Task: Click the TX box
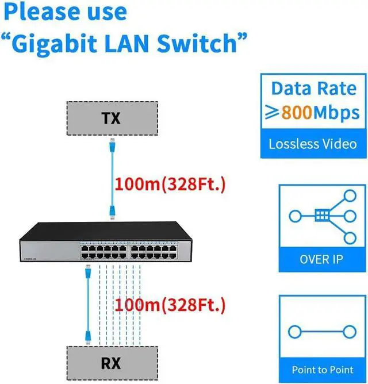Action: [110, 118]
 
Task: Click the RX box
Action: [110, 363]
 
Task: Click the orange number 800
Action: [297, 113]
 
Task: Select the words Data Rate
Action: [313, 88]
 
